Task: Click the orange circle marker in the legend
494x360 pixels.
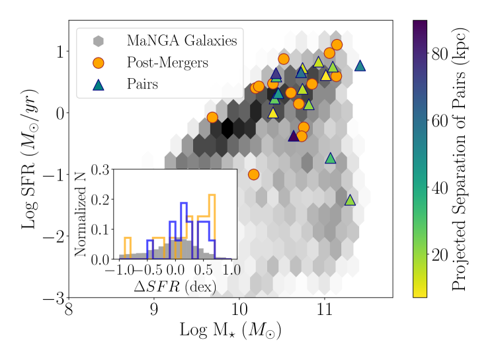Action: (x=98, y=63)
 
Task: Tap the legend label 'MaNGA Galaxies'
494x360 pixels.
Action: (x=182, y=41)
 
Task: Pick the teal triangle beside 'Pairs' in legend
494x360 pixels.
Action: (x=98, y=85)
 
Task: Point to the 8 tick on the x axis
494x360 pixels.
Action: (x=69, y=310)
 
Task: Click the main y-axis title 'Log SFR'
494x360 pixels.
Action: (x=28, y=159)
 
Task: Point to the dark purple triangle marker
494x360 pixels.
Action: (x=294, y=136)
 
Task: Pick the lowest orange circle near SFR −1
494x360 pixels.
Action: (x=253, y=174)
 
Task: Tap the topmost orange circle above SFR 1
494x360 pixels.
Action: (x=337, y=45)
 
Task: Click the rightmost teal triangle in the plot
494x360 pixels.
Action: (x=360, y=66)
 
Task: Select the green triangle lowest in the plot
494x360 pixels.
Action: (x=350, y=200)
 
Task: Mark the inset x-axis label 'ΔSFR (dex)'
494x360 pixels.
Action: (x=175, y=286)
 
